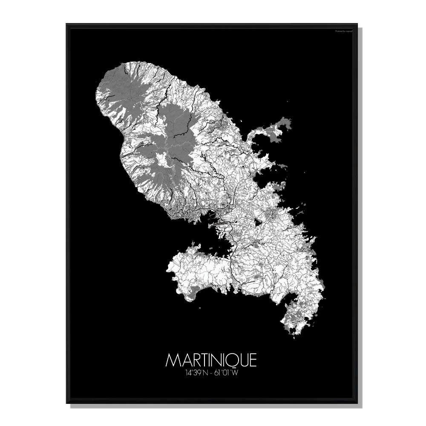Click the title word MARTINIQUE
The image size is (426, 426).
[211, 360]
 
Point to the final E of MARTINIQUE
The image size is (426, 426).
[253, 360]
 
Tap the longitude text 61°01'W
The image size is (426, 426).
[230, 374]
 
